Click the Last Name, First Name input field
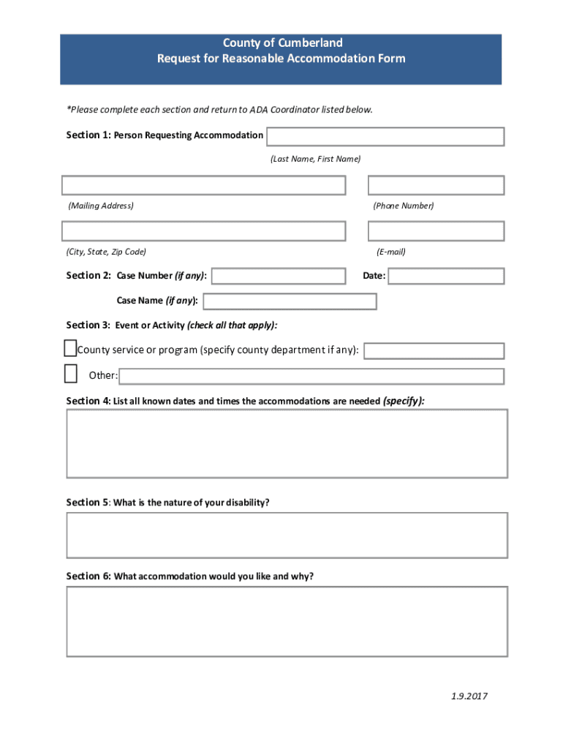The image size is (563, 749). (x=385, y=137)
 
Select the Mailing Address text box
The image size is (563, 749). (x=203, y=186)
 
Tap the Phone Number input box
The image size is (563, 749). (x=436, y=186)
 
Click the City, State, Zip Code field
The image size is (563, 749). (x=203, y=232)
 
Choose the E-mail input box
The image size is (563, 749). (x=436, y=232)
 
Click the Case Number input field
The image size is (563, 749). (x=278, y=276)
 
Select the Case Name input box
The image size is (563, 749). (x=290, y=301)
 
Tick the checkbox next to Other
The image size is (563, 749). (x=70, y=374)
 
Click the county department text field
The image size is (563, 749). (x=434, y=351)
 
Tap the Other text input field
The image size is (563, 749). (x=311, y=377)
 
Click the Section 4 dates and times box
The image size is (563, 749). (x=287, y=443)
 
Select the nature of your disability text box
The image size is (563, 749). (x=287, y=535)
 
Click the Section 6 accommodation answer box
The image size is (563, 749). (x=287, y=622)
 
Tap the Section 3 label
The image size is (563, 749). (x=88, y=325)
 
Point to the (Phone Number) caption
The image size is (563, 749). (x=404, y=206)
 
